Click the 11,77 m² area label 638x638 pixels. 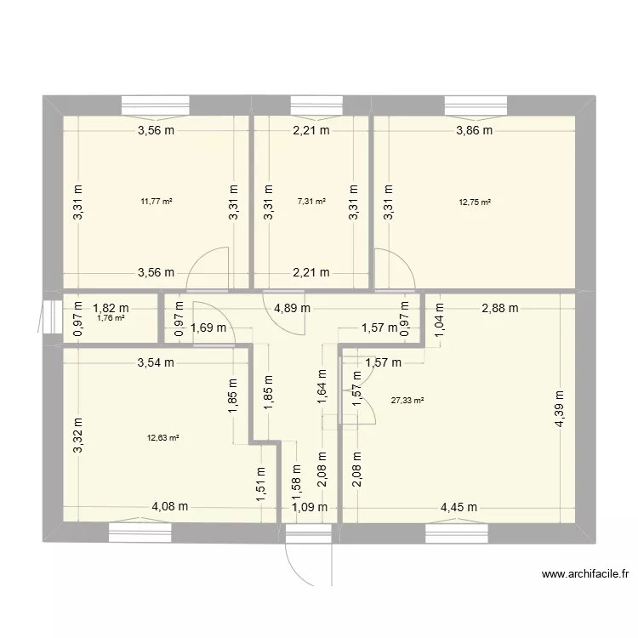(x=157, y=202)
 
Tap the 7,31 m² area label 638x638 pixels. (x=311, y=202)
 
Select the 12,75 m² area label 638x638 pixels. (x=475, y=202)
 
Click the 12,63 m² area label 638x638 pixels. (x=162, y=438)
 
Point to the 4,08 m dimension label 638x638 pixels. (x=170, y=507)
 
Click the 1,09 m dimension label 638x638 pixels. (x=308, y=508)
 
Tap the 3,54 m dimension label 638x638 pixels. (x=157, y=363)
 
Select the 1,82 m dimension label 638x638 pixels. (x=111, y=309)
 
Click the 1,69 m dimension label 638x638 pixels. (x=208, y=328)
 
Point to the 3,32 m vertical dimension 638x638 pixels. (x=79, y=436)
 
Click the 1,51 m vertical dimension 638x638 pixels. (x=260, y=483)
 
